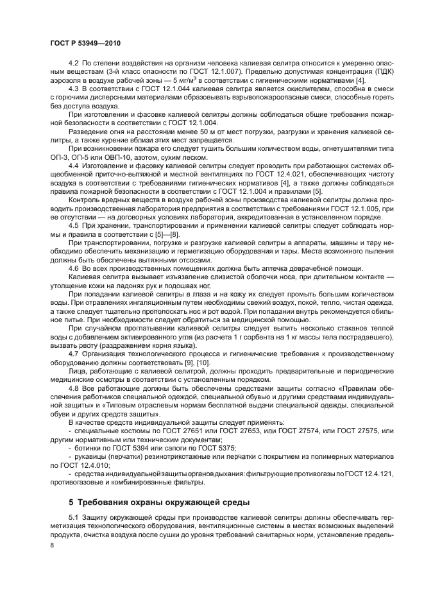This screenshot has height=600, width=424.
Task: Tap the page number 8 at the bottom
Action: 52,545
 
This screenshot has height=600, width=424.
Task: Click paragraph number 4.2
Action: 72,64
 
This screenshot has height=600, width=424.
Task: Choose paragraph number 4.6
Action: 72,268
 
